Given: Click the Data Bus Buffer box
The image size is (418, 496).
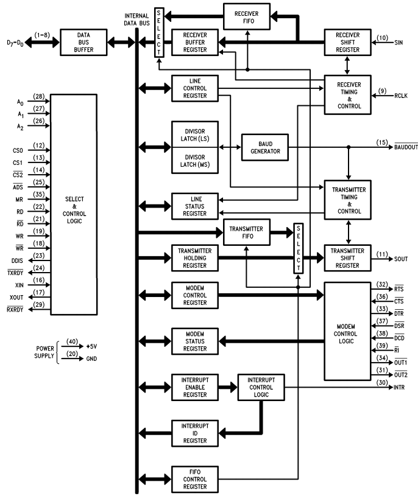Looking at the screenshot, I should [79, 41].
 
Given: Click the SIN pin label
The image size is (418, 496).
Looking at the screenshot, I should [400, 43].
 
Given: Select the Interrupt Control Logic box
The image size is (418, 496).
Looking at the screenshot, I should [261, 386].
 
